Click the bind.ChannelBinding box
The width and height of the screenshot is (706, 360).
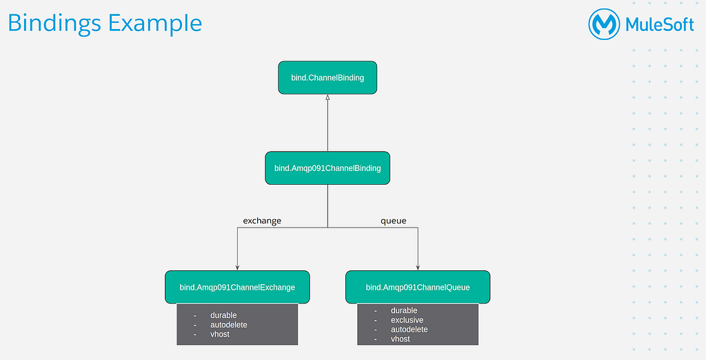(327, 77)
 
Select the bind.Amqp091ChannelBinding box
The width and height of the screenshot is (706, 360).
(327, 168)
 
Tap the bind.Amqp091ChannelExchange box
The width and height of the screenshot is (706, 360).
(237, 287)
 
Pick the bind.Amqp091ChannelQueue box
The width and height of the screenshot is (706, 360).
(418, 287)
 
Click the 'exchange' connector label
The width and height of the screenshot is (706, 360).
(262, 221)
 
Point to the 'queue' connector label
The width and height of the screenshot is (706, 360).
(394, 221)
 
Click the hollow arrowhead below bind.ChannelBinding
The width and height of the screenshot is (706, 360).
(327, 97)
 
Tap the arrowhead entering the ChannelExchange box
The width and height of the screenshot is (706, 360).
(237, 268)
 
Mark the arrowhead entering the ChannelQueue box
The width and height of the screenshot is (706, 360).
(418, 268)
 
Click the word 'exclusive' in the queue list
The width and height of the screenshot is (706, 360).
(407, 320)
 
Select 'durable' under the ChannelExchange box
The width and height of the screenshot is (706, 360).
(223, 315)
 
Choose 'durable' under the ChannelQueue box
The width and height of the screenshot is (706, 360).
(404, 310)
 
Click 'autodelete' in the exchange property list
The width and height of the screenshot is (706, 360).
(229, 325)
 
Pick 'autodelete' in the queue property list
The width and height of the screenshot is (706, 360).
(410, 330)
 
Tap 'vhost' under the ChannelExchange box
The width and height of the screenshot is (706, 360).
(220, 334)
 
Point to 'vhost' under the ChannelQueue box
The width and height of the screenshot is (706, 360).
(401, 339)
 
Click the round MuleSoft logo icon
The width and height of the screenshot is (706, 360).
(604, 24)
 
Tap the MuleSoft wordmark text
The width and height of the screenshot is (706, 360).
(660, 24)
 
